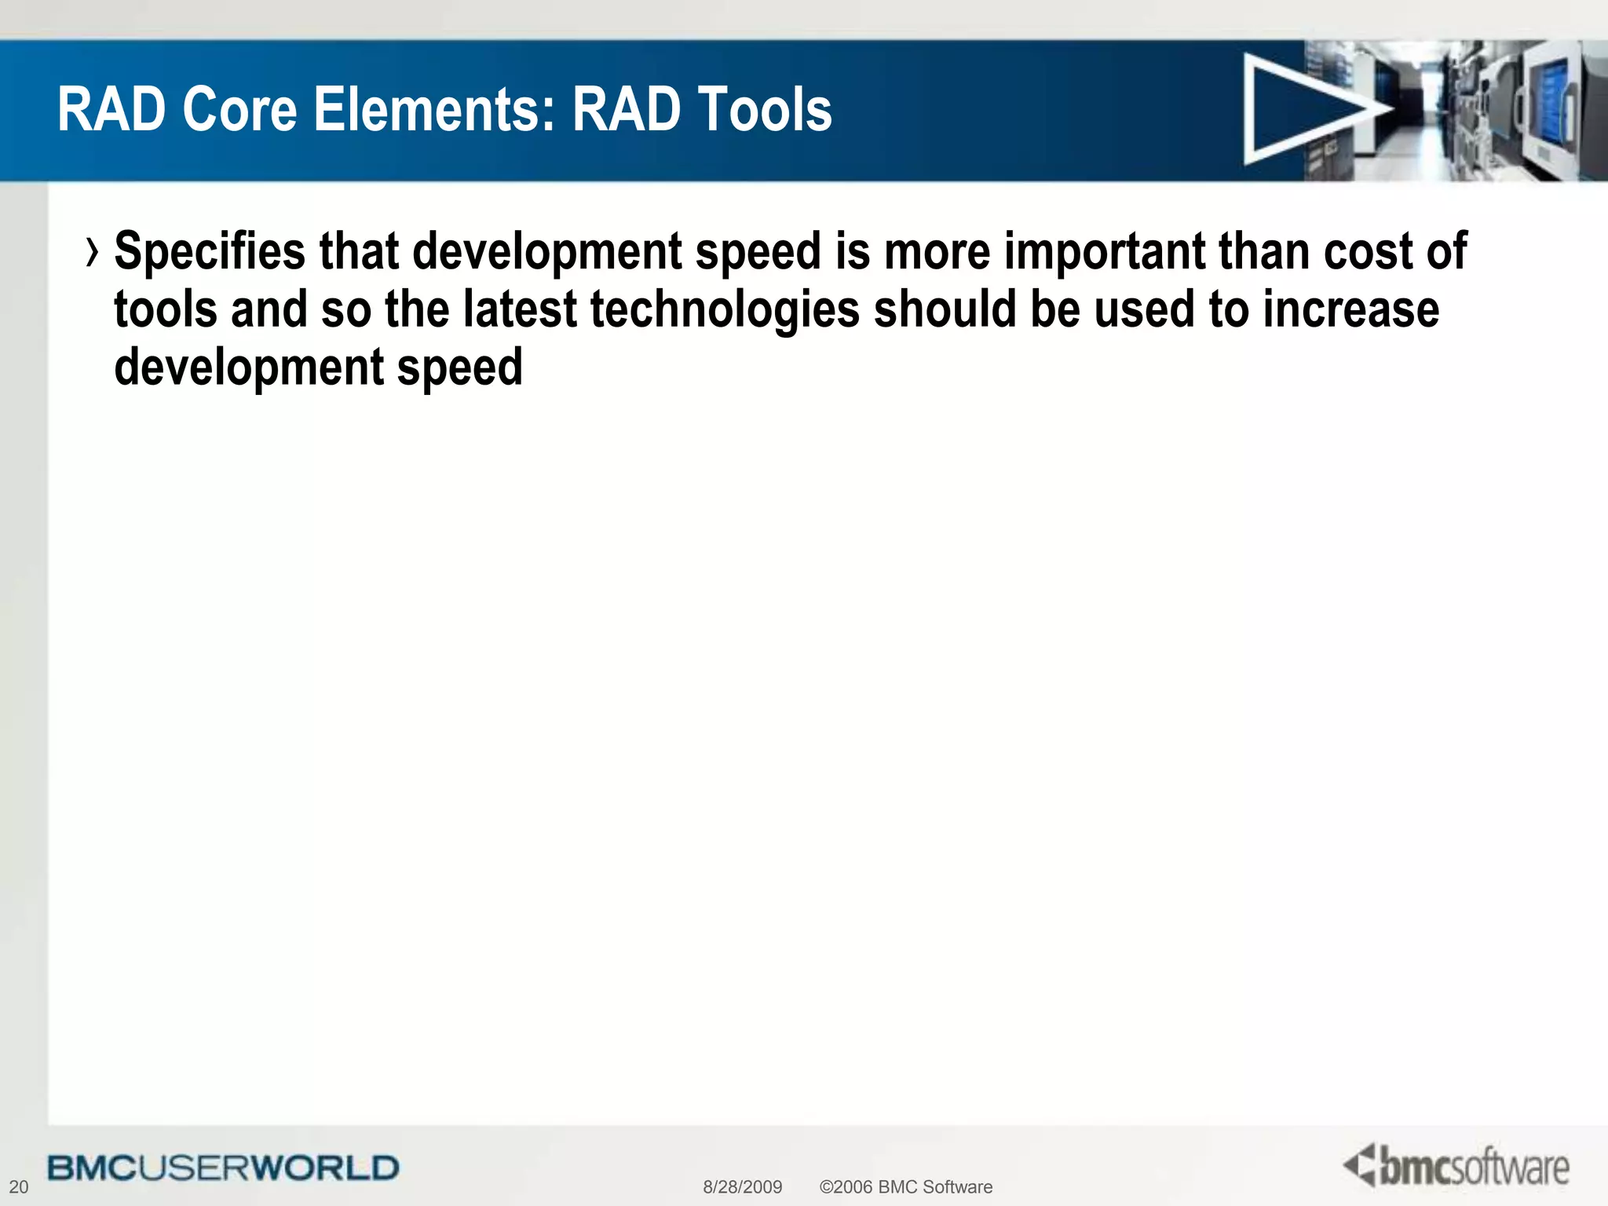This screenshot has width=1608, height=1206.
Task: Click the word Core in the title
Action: coord(239,110)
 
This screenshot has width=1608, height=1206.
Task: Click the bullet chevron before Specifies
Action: coord(93,253)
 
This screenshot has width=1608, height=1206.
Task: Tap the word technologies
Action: coord(725,310)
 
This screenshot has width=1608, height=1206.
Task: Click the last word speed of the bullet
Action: coord(459,367)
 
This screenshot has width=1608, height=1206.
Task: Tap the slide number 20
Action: coord(18,1186)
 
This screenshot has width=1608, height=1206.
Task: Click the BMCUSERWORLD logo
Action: coord(223,1168)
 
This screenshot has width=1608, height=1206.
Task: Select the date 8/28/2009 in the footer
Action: coord(742,1186)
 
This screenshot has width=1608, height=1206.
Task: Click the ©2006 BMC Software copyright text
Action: coord(905,1186)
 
